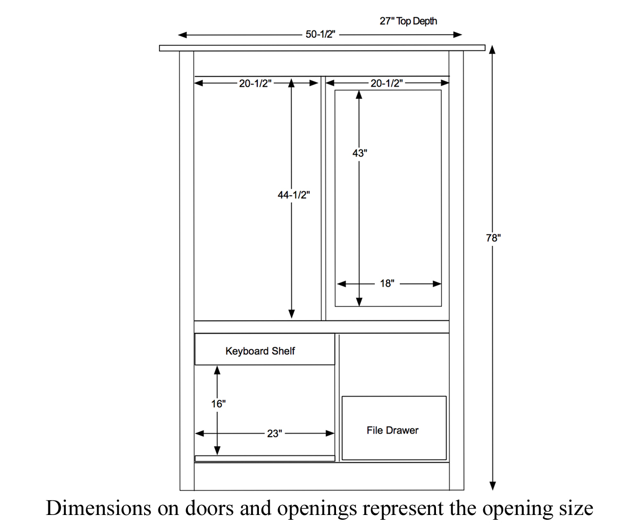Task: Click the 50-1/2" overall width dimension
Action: tap(320, 35)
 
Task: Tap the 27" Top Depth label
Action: tap(408, 21)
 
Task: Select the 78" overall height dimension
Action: tap(493, 238)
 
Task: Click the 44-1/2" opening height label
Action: tap(293, 195)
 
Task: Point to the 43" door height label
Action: tap(360, 153)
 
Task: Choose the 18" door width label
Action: tap(387, 284)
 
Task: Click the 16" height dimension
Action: tap(218, 404)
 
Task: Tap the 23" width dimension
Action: tap(274, 434)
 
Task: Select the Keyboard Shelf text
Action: tap(260, 351)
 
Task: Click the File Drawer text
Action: tap(392, 430)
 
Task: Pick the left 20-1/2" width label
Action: tap(255, 84)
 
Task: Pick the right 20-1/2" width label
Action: tap(387, 84)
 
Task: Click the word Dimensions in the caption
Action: tap(98, 508)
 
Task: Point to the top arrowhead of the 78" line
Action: tap(492, 49)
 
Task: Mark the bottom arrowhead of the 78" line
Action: tap(492, 486)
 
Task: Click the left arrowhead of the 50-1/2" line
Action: tap(182, 35)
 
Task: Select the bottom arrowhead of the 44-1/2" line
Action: tap(291, 315)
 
